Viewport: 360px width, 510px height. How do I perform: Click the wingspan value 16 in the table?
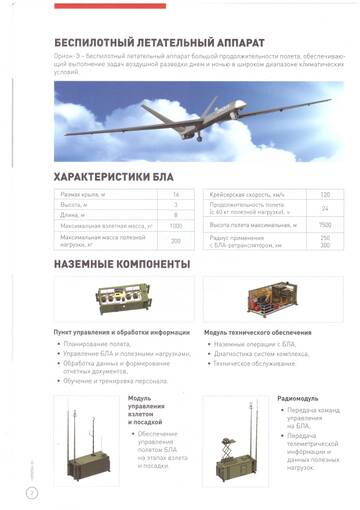coord(175,193)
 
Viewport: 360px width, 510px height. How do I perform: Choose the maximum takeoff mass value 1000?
coord(175,225)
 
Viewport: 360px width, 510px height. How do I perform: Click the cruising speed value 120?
coord(324,193)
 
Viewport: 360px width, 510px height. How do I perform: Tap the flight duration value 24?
coord(324,208)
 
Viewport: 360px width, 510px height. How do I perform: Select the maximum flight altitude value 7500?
coord(324,225)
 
